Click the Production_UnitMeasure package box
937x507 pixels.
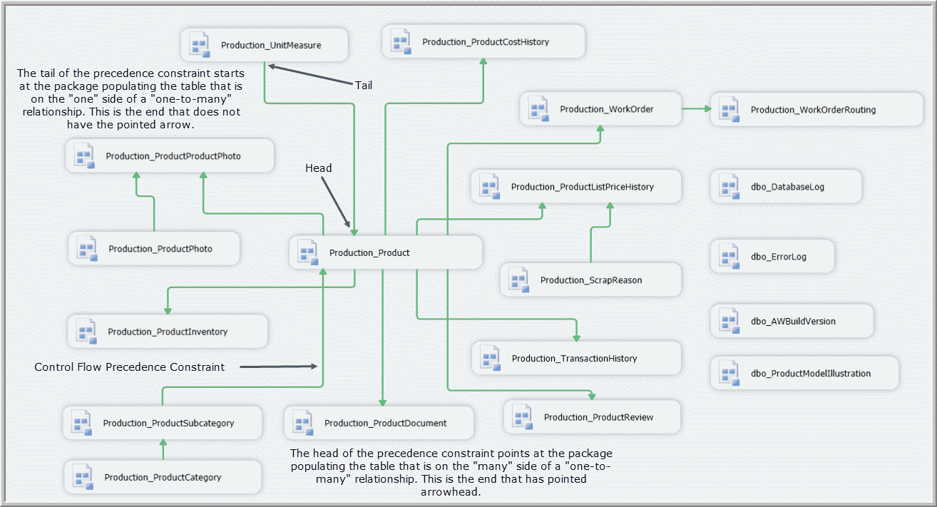click(264, 45)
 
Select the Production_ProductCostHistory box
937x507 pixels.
click(483, 41)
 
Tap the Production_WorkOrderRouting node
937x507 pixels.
click(816, 110)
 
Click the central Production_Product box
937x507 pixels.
click(386, 252)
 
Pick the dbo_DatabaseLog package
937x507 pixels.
click(787, 187)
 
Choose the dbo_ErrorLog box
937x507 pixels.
click(772, 257)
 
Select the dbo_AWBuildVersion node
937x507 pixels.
click(792, 321)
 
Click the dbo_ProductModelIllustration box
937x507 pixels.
click(804, 373)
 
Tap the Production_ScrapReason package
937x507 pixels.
click(590, 280)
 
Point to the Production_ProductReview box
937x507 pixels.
click(591, 417)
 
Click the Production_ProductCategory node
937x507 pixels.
click(162, 477)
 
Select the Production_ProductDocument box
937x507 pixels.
click(378, 423)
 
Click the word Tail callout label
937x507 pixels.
click(364, 85)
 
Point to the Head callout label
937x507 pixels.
click(319, 168)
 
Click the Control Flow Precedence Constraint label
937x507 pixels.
click(130, 367)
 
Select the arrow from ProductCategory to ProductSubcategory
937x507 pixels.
click(163, 450)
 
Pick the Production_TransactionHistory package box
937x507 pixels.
click(576, 358)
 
